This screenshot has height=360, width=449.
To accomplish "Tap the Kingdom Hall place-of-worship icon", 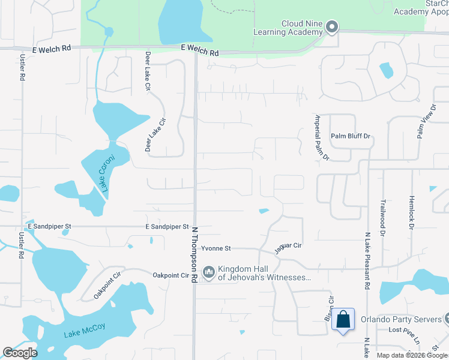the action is (208, 272).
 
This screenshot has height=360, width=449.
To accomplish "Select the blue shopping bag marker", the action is (343, 320).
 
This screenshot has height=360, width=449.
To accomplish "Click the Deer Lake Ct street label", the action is (147, 71).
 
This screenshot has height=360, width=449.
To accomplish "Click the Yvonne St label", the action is (216, 248).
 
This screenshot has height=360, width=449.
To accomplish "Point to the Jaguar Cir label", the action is (289, 247).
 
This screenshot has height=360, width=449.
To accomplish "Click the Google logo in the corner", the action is (20, 353).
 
